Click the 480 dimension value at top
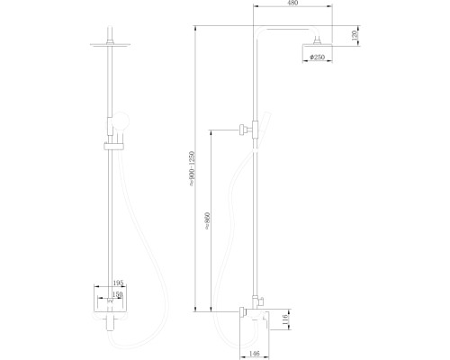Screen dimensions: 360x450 pyautogui.click(x=292, y=4)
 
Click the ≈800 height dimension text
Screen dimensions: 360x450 pyautogui.click(x=208, y=221)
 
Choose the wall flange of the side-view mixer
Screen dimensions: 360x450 pyautogui.click(x=242, y=312)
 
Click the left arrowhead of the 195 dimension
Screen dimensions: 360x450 pyautogui.click(x=94, y=287)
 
